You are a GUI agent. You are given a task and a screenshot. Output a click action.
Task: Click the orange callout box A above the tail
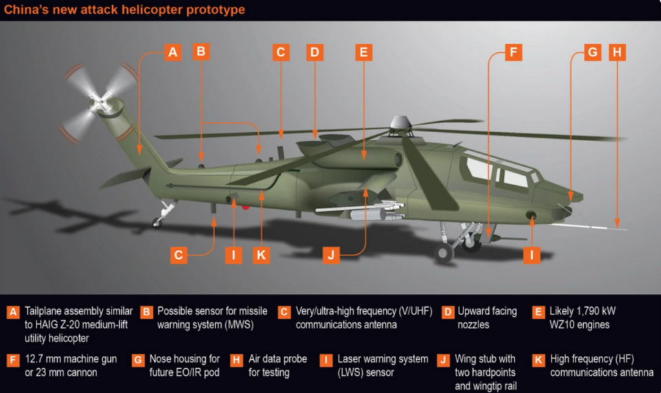click(x=173, y=52)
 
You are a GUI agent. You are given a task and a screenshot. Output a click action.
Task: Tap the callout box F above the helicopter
click(x=514, y=52)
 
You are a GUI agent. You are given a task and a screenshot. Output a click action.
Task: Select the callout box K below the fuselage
click(x=261, y=255)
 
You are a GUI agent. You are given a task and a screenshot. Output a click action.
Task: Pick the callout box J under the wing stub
click(x=331, y=255)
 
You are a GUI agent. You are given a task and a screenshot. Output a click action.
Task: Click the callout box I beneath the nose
click(x=532, y=255)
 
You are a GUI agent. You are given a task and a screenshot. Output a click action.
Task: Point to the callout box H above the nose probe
click(x=617, y=52)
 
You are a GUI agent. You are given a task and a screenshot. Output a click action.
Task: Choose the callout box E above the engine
click(x=364, y=52)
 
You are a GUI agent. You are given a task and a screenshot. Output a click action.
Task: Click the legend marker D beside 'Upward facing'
click(x=448, y=312)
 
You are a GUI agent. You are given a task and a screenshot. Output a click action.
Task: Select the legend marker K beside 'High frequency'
click(x=538, y=360)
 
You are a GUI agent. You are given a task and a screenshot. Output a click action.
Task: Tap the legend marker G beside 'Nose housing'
click(x=138, y=360)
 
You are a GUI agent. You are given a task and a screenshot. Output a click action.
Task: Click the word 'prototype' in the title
click(x=216, y=10)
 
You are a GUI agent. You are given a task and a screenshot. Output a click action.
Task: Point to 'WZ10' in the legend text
click(x=563, y=325)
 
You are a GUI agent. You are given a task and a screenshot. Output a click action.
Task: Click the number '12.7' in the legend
click(x=34, y=359)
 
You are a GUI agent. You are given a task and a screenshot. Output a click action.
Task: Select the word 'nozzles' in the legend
click(x=474, y=325)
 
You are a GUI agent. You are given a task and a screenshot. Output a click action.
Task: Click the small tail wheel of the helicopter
click(x=157, y=222)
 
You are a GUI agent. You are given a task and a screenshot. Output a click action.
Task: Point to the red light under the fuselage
click(x=245, y=206)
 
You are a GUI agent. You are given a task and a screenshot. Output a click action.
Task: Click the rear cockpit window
click(x=479, y=169)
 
